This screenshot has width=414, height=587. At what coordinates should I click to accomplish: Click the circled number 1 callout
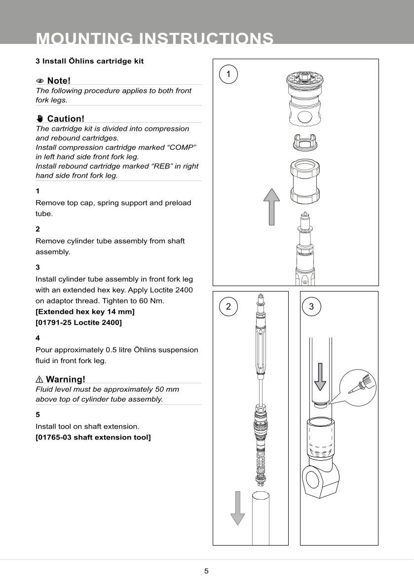[228, 74]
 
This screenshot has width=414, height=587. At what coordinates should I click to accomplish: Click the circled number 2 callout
[228, 306]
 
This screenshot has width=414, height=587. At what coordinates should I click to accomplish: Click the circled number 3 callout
[311, 306]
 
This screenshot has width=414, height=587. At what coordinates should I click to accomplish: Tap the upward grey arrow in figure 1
[271, 207]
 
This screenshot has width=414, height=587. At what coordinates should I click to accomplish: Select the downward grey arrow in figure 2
[237, 508]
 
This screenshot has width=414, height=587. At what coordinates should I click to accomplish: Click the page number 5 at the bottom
[206, 571]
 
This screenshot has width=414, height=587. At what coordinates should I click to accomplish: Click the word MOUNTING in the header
[83, 38]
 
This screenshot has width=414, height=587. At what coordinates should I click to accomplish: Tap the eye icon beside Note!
[40, 80]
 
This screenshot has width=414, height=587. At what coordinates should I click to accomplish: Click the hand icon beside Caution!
[40, 118]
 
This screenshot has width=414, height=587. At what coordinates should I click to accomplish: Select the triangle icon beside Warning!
[39, 379]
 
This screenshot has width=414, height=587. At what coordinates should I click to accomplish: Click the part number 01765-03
[53, 437]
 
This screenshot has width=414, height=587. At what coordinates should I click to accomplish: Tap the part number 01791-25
[53, 323]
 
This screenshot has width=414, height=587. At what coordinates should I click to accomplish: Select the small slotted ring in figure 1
[304, 141]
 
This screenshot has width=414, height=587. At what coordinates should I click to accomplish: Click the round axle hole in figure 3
[313, 480]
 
